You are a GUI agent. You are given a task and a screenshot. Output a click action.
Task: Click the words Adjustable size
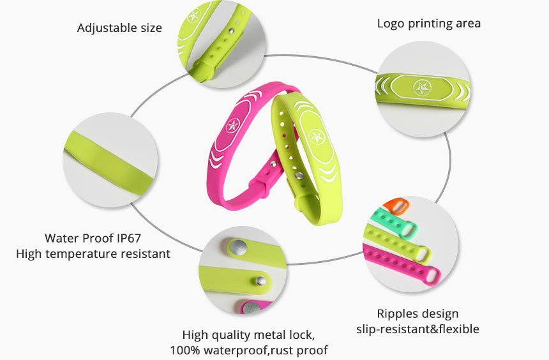tap(119, 28)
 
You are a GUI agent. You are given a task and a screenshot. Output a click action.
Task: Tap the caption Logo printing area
tap(428, 24)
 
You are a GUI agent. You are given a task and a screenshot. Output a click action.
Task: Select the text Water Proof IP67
tap(93, 238)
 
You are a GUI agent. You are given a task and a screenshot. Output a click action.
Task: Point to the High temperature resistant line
tap(93, 253)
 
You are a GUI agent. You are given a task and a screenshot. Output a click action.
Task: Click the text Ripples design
tap(417, 313)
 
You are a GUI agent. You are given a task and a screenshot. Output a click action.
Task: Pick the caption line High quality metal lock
tap(248, 334)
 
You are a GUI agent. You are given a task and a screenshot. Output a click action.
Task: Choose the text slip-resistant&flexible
tap(417, 329)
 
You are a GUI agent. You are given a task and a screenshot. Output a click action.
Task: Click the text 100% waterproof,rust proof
tap(248, 350)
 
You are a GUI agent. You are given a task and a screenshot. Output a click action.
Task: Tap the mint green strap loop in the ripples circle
tap(409, 229)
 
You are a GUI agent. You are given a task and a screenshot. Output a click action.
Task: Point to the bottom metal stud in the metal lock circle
tap(253, 308)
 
